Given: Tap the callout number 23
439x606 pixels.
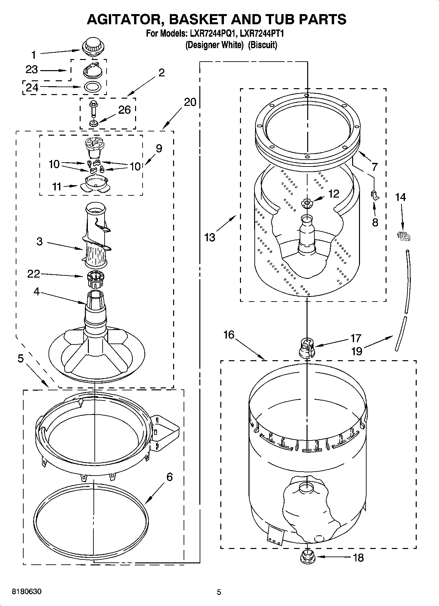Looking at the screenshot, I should [x=32, y=69].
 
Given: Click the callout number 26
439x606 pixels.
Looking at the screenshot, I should [x=124, y=110].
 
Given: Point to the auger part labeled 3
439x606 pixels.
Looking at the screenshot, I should [x=96, y=236].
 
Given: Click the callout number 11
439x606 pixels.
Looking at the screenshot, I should [x=57, y=187].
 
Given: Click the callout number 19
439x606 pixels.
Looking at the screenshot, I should [x=357, y=351].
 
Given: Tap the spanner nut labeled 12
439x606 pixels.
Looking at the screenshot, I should [x=307, y=203].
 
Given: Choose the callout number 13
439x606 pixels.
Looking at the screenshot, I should [x=210, y=237].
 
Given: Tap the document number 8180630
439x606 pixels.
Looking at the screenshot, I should [x=27, y=592].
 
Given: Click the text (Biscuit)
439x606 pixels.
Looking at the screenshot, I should [x=262, y=45].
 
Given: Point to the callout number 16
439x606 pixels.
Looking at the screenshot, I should [x=229, y=335].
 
